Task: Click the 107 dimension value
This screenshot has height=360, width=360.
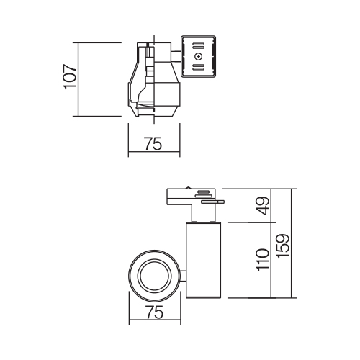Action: (x=70, y=77)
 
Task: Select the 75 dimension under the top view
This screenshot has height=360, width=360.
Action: (x=153, y=144)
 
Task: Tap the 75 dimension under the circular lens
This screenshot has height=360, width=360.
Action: (x=155, y=312)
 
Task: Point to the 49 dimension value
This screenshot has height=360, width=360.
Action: (x=263, y=206)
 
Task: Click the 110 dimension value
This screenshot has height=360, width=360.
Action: (x=263, y=260)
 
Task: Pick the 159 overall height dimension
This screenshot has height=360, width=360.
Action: (x=283, y=246)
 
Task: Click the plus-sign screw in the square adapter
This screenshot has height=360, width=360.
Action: (x=198, y=57)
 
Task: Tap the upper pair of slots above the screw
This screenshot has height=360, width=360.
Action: (x=198, y=46)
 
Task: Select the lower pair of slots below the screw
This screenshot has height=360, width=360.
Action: (x=198, y=67)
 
